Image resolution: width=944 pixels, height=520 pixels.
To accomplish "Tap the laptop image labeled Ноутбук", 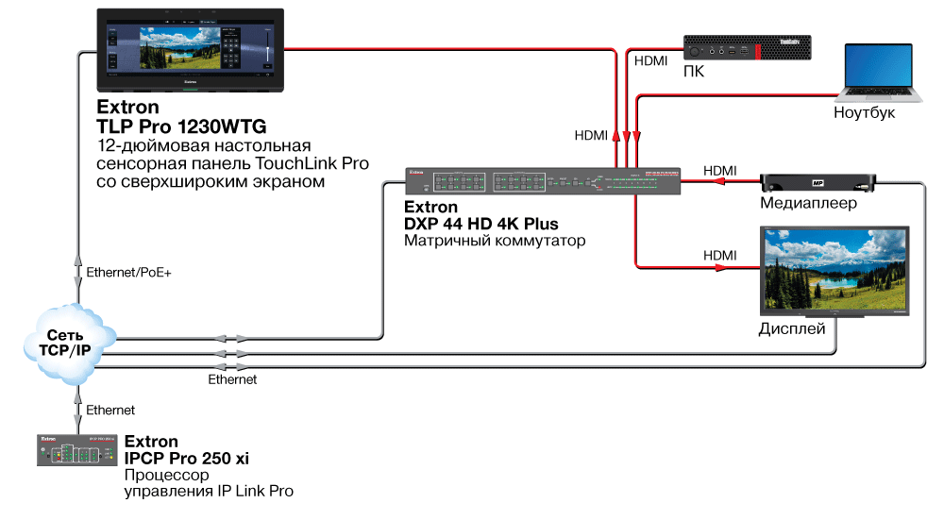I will [878, 73].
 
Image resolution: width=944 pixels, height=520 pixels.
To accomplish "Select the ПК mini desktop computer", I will [747, 48].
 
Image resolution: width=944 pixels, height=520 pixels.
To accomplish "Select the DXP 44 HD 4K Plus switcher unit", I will [543, 181].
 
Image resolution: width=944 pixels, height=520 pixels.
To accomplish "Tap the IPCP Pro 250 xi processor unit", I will [77, 450].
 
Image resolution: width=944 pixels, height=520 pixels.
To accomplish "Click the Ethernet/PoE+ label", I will [128, 272].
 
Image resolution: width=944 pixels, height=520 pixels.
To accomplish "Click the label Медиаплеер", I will [810, 204].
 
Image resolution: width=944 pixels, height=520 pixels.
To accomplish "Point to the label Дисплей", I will [792, 329].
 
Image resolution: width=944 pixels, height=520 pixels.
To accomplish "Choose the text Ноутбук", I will [864, 112].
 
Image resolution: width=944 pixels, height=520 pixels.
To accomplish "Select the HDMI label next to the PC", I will [650, 60].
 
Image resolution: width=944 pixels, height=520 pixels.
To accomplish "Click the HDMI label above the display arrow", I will [719, 255].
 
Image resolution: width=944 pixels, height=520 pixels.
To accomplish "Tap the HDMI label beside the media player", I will [719, 170].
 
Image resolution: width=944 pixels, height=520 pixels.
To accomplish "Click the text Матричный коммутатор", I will [495, 242].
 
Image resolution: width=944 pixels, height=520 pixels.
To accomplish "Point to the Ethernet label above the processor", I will [110, 410].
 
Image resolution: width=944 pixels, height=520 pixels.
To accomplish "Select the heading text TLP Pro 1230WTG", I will [181, 126].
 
